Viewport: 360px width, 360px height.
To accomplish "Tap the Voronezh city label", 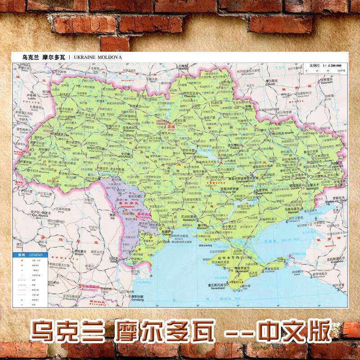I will tap(326, 81).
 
